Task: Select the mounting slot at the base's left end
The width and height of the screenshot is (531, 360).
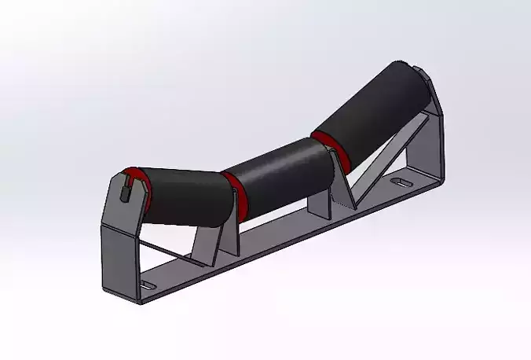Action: (148, 284)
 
